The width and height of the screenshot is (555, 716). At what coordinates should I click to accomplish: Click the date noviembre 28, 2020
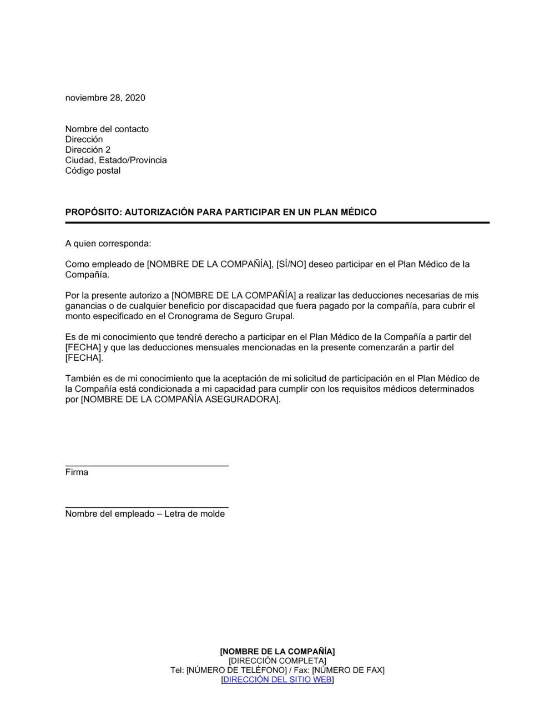[105, 98]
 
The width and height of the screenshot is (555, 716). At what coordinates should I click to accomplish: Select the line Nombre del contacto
[107, 129]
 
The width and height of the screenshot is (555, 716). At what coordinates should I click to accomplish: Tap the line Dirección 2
[88, 150]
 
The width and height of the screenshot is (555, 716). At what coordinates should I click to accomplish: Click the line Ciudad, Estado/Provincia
[115, 160]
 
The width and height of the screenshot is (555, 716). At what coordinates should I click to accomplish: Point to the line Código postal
[93, 170]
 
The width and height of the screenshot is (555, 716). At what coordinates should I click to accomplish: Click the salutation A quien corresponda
[108, 243]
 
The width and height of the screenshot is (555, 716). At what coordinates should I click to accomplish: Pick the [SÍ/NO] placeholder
[291, 264]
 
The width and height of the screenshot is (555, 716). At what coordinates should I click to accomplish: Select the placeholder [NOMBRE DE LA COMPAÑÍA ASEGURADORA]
[181, 400]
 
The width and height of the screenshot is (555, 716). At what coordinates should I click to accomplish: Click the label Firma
[77, 472]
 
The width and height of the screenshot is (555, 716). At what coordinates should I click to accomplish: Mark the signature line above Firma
[147, 465]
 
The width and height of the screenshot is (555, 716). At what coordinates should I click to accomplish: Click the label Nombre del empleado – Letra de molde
[145, 514]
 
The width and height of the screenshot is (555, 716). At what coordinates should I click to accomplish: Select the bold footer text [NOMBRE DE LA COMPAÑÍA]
[277, 651]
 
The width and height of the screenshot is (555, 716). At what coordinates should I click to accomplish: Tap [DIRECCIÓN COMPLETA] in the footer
[277, 660]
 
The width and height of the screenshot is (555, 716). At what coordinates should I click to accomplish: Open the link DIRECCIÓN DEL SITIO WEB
[277, 679]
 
